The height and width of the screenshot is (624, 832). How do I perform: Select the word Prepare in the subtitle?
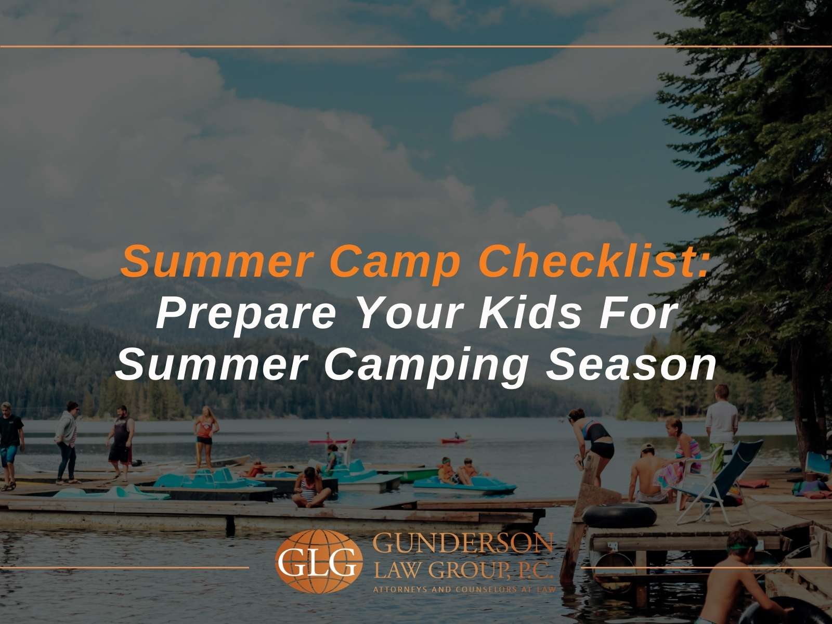click(x=246, y=315)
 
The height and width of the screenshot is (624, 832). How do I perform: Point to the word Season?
click(x=631, y=365)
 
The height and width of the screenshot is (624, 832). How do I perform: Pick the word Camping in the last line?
click(x=426, y=367)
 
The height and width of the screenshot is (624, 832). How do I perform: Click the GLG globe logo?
click(x=319, y=561)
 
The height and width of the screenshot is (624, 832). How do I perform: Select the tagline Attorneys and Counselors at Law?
click(x=464, y=590)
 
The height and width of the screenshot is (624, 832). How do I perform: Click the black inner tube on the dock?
click(x=619, y=516)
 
